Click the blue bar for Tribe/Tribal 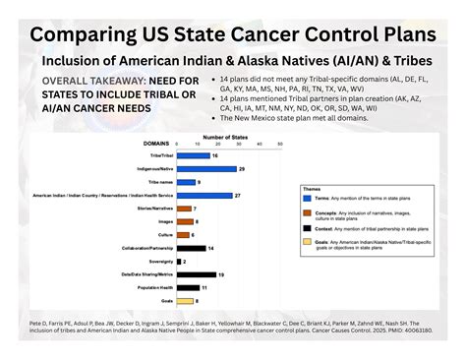pos(193,155)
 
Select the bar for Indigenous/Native pos(206,168)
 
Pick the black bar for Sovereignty pos(180,261)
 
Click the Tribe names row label pos(160,182)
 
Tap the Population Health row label pos(154,287)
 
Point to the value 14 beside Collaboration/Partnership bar pos(212,248)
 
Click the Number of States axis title pos(224,136)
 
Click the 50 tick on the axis pos(280,144)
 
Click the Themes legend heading pos(313,187)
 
